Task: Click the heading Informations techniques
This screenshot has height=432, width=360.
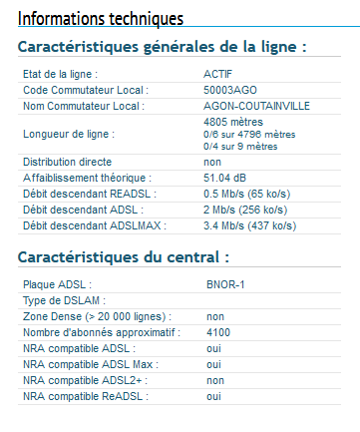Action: click(x=101, y=19)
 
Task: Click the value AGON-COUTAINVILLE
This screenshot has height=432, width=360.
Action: click(x=257, y=105)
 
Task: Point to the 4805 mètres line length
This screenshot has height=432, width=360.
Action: click(x=232, y=122)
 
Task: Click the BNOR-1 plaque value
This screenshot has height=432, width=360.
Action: click(x=226, y=284)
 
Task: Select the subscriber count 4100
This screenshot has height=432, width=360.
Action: click(x=219, y=332)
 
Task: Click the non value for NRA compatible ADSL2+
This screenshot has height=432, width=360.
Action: click(x=215, y=380)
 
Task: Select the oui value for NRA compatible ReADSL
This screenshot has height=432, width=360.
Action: click(x=213, y=396)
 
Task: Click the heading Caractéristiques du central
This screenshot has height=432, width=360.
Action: click(x=124, y=256)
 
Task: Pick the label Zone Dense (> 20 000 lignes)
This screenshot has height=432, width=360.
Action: click(x=95, y=316)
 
